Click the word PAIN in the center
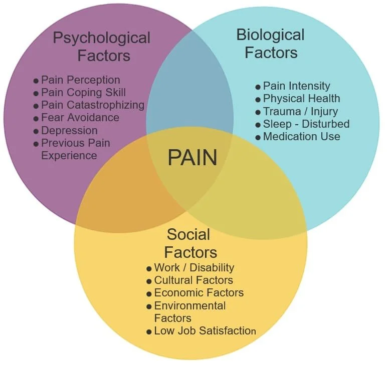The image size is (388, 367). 192,157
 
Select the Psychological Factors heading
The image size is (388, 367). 102,46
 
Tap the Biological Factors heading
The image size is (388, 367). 270,43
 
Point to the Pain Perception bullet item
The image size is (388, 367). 80,80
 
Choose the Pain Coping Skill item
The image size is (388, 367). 83,92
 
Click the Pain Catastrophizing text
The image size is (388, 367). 92,105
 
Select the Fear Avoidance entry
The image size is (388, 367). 80,118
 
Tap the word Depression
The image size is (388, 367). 69,130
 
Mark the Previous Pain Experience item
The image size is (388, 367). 75,149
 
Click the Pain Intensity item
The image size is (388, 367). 296,86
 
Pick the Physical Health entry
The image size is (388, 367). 301,99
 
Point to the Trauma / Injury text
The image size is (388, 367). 300,111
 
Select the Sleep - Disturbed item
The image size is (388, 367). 306,124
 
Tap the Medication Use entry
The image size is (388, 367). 301,136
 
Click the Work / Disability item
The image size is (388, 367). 194,268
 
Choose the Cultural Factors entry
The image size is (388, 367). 193,280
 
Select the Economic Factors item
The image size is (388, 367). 199,293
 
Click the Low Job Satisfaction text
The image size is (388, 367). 205,331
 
